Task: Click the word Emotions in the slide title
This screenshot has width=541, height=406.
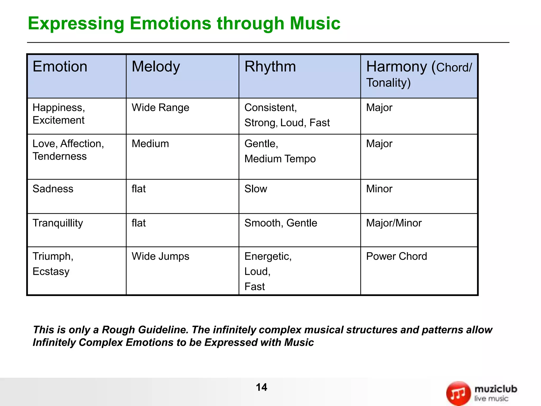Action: click(x=170, y=24)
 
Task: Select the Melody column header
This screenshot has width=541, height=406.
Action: click(x=156, y=66)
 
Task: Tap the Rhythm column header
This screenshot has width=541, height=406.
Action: click(x=270, y=66)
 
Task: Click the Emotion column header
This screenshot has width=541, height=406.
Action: click(x=60, y=66)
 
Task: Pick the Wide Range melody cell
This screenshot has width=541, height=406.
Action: click(x=160, y=108)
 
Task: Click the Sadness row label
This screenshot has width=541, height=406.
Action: click(x=53, y=189)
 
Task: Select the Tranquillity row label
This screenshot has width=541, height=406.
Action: click(x=58, y=223)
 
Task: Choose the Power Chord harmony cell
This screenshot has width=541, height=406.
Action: click(x=396, y=256)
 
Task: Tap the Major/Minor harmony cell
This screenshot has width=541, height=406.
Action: click(x=394, y=223)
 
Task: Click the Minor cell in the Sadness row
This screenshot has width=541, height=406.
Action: click(x=379, y=189)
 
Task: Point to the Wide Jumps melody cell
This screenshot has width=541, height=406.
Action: click(x=160, y=256)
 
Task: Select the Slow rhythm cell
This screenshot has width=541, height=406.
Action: click(x=255, y=189)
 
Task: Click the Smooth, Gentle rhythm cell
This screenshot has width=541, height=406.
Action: click(x=281, y=223)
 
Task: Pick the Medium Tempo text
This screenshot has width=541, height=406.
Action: click(x=280, y=159)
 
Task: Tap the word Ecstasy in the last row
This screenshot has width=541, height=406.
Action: click(x=51, y=271)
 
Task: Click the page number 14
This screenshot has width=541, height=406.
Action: click(x=261, y=387)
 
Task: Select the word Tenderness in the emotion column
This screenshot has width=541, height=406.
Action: click(x=59, y=156)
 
